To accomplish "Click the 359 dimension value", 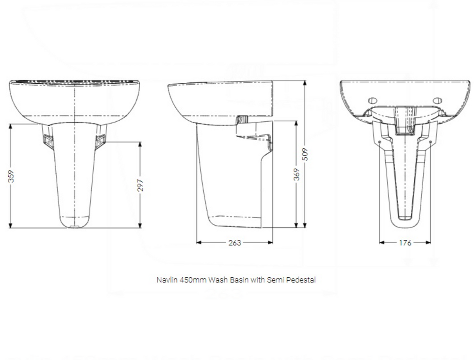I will click(11, 176).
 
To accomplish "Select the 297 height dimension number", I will click(141, 185).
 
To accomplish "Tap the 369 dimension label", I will click(296, 174).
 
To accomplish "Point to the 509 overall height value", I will click(305, 154).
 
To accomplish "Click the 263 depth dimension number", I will click(234, 242).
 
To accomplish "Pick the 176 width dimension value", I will click(405, 242).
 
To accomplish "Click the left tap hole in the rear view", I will click(372, 101).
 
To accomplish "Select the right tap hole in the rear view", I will click(438, 101).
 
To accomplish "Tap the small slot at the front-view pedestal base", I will click(75, 226).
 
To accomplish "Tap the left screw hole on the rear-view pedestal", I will click(380, 142).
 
